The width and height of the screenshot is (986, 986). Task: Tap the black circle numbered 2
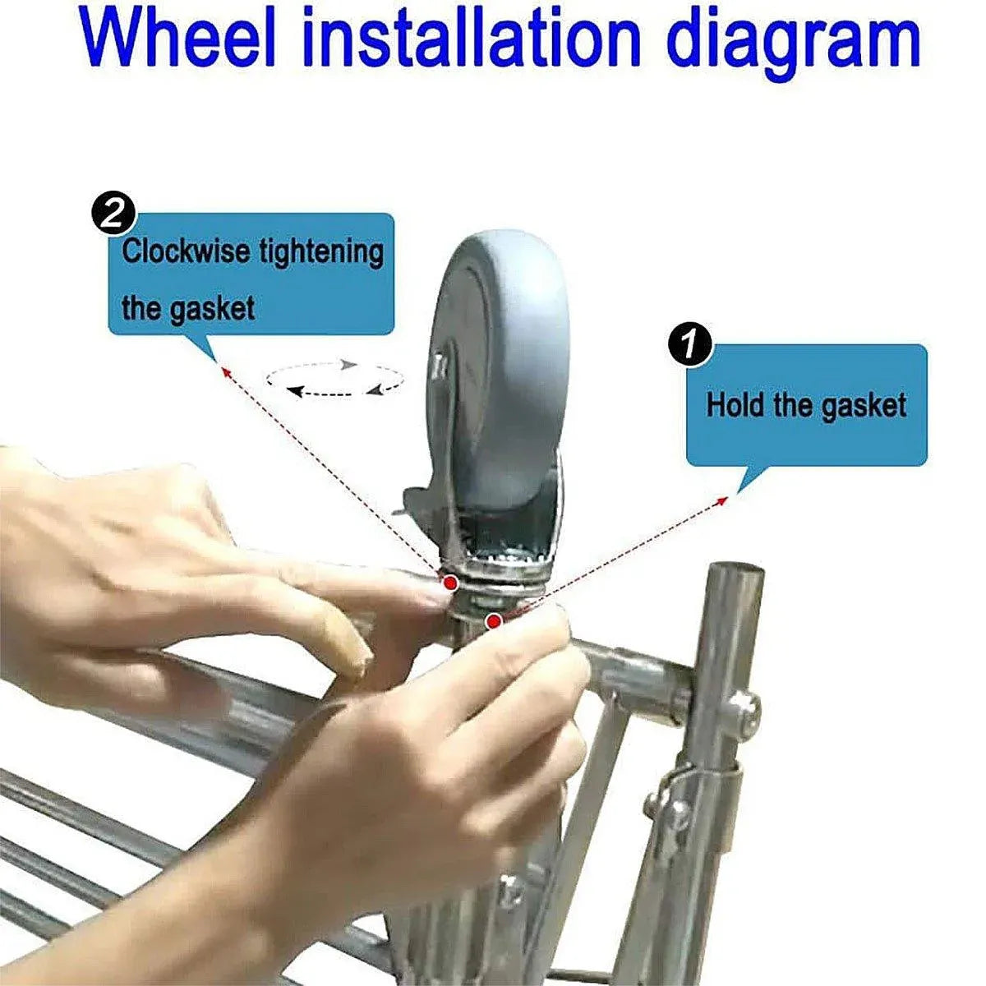click(114, 218)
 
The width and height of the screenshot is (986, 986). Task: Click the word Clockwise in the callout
click(187, 251)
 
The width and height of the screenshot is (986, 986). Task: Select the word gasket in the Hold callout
click(864, 408)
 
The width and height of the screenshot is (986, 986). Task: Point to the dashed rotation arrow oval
click(335, 379)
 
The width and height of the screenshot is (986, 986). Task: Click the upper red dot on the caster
click(450, 582)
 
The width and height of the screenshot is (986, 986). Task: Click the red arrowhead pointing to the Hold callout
click(722, 500)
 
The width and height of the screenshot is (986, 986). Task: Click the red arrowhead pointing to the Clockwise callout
click(224, 371)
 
